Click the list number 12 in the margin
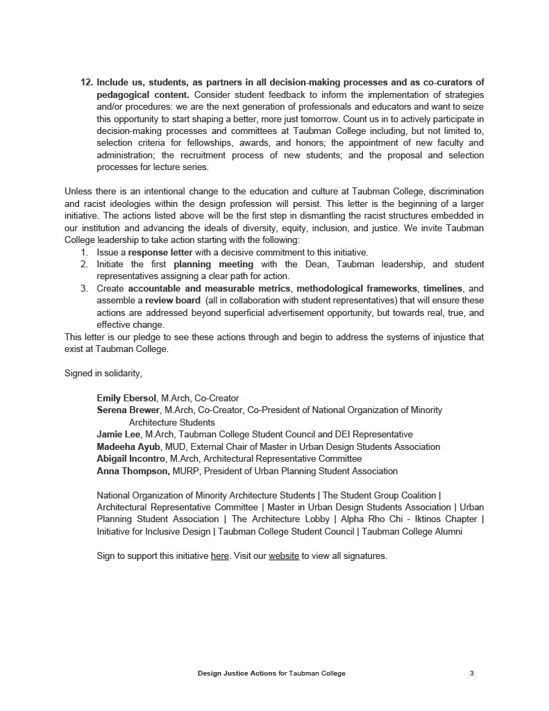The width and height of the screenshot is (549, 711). point(87,82)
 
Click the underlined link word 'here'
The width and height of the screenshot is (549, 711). point(219,556)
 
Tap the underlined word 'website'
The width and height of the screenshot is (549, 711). point(284,556)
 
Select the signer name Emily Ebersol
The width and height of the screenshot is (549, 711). point(126,399)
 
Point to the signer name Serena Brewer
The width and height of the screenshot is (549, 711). point(128,410)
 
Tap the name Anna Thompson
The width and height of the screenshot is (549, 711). point(133,471)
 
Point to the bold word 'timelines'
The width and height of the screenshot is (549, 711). point(442,288)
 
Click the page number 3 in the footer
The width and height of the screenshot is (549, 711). point(472,673)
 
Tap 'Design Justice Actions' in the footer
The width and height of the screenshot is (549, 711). point(237,673)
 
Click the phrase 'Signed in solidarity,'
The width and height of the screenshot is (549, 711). point(103,374)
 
